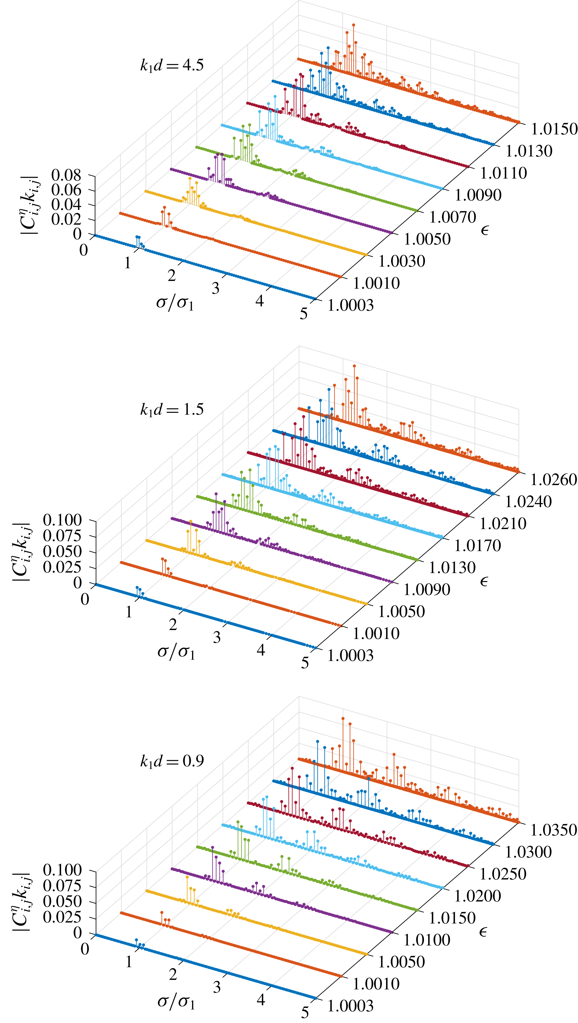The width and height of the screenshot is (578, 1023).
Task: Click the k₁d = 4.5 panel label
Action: tap(172, 65)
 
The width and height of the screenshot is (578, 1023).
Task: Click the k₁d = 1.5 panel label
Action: tap(172, 409)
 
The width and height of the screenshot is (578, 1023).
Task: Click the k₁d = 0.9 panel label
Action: tap(172, 760)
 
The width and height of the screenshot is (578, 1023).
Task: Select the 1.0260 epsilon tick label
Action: tap(553, 480)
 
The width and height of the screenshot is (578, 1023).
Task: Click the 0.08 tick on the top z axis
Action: tap(66, 175)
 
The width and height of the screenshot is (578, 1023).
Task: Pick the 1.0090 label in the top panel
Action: tap(478, 195)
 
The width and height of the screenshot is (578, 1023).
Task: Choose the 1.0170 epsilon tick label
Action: tap(478, 546)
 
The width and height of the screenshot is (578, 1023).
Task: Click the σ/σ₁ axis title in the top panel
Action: tap(175, 303)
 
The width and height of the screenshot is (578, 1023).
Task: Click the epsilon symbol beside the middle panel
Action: tap(484, 581)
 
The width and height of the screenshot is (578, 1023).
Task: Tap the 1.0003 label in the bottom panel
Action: tap(350, 1006)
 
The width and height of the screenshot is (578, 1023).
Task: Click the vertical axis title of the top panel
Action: tap(30, 205)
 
